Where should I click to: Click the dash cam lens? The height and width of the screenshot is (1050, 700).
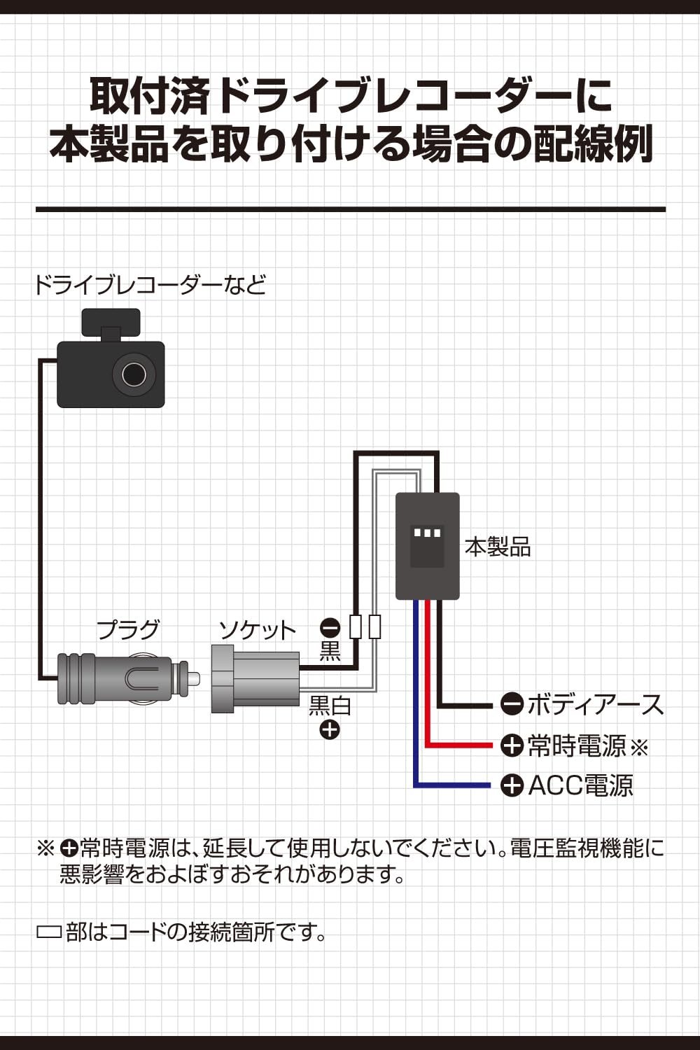point(134,374)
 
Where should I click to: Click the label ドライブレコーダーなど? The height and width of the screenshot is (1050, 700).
point(150,286)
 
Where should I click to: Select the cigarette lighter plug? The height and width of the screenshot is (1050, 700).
point(122,678)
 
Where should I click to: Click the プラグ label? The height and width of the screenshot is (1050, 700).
point(128,629)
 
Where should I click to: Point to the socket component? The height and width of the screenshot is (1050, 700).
point(255,679)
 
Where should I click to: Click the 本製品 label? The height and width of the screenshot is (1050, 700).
point(498,547)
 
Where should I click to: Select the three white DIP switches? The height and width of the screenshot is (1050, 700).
point(427,533)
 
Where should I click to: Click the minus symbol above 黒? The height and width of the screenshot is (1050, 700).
point(330,627)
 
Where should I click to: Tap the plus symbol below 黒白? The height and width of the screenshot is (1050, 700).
point(329,729)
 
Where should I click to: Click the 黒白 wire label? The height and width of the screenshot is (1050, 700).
point(330,706)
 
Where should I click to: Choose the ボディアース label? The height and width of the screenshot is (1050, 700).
point(595,704)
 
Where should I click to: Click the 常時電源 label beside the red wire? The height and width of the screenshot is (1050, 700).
point(577,746)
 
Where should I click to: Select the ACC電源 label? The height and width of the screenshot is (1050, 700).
point(580,785)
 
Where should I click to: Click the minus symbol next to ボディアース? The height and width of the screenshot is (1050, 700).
point(512,704)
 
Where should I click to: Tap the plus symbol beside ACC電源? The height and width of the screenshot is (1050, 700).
point(512,785)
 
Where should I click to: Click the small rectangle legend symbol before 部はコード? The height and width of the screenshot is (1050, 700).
point(48,932)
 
